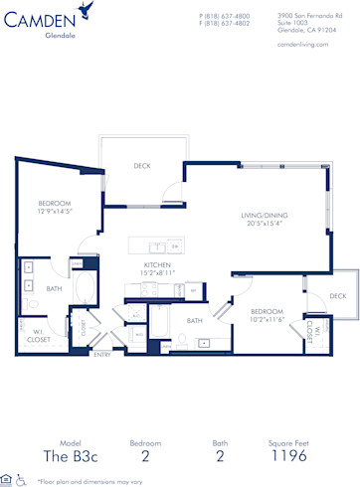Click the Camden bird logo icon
coord(90,12)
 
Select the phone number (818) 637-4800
coord(226,16)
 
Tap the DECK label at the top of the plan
coord(142,166)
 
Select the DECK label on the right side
coord(337,296)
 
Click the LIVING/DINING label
coord(264,215)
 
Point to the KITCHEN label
coord(156,265)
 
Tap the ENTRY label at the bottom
coord(101,353)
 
